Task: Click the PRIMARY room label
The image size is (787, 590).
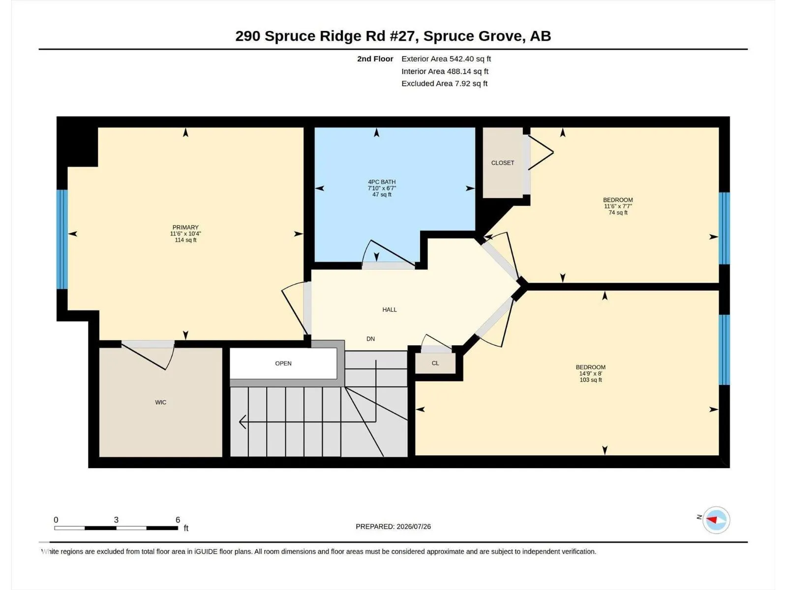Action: (185, 228)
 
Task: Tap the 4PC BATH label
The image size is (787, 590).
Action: (382, 182)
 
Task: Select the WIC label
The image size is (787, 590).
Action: (161, 402)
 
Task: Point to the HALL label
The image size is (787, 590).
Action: (390, 310)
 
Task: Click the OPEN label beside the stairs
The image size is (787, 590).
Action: (283, 363)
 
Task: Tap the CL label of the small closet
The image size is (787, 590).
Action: (435, 363)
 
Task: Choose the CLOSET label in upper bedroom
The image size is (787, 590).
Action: (503, 163)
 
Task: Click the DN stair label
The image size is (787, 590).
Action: (370, 339)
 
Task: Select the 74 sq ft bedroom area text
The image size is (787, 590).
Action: (618, 212)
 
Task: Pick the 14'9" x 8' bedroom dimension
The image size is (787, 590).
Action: (591, 373)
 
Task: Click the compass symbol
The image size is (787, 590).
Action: (716, 520)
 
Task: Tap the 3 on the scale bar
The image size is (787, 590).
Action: (116, 519)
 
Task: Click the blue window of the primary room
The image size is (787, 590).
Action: (62, 239)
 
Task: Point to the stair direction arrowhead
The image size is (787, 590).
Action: (242, 422)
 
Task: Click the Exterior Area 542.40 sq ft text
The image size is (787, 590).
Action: (446, 59)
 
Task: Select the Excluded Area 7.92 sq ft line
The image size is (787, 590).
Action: (444, 84)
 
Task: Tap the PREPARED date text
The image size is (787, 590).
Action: (393, 526)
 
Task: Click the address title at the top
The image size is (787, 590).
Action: (393, 36)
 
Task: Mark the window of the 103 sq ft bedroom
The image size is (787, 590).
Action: (724, 350)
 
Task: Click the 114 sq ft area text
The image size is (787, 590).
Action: (185, 240)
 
